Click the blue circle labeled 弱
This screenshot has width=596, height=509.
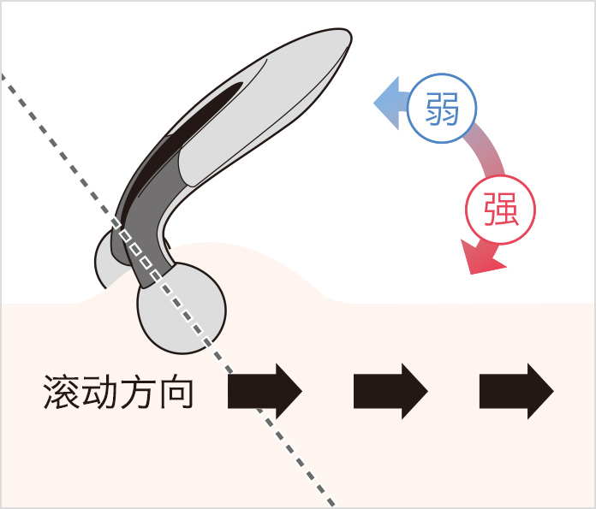tap(441, 109)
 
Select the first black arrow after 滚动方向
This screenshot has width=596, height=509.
tap(265, 391)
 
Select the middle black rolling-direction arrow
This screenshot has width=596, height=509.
tap(390, 391)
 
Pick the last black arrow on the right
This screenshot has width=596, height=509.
tap(516, 391)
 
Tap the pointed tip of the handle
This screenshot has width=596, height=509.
tap(348, 39)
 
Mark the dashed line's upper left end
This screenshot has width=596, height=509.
tap(4, 79)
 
